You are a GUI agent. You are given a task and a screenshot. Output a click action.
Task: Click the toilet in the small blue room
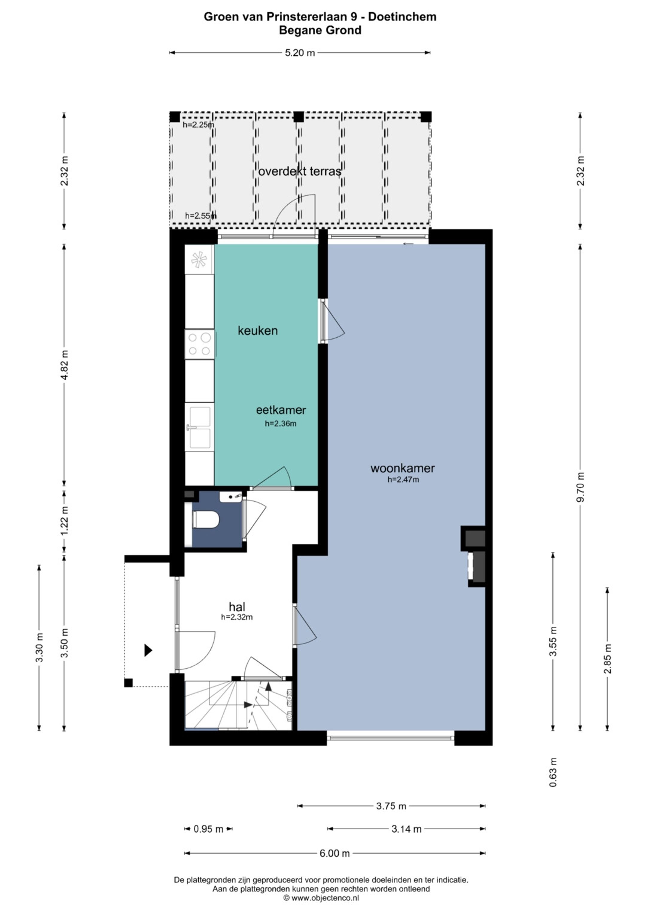point(206,520)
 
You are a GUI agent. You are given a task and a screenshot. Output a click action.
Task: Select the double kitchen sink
point(200,427)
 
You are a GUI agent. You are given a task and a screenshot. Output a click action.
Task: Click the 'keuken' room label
point(258,330)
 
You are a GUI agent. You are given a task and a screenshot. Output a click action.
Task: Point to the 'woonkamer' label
point(403,468)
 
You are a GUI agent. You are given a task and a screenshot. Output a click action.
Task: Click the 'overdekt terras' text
point(300,171)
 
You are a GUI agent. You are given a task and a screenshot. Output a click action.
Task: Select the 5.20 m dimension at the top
point(300,53)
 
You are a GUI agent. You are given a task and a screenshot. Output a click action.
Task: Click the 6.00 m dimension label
point(335,853)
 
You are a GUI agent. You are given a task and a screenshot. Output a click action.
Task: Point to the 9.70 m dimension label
point(581,487)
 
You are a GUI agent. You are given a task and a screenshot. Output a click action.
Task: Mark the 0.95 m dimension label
point(208,829)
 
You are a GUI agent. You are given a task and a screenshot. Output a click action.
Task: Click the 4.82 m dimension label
point(64,365)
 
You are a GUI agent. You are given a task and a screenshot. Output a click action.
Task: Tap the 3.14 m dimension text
point(406,829)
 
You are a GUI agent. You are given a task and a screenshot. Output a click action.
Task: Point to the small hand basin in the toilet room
point(231,497)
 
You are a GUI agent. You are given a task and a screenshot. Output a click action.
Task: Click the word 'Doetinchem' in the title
point(402,17)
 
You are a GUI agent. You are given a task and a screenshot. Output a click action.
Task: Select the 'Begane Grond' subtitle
point(320,30)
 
